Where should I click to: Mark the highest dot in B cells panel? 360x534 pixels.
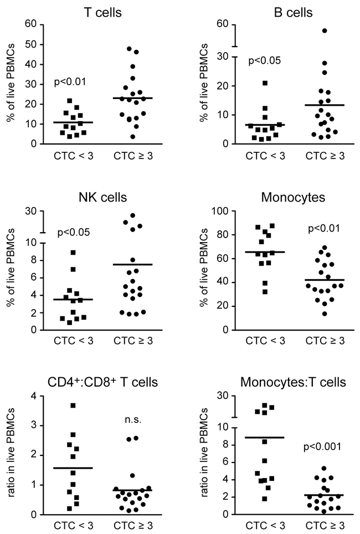coord(325,30)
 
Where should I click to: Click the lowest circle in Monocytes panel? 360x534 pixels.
coord(308,314)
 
